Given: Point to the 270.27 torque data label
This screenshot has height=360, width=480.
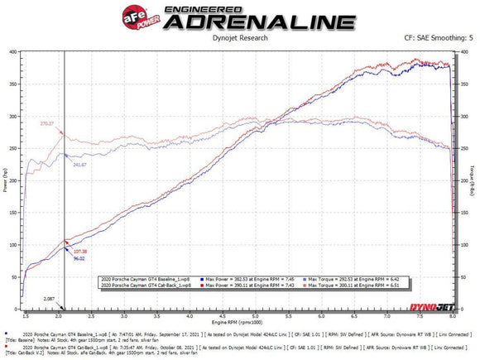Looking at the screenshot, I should point(46,123).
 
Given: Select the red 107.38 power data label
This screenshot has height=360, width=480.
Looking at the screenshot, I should point(79,251).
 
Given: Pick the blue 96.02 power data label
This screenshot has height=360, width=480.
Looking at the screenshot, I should point(79,259).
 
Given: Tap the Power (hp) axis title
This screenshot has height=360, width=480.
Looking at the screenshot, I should point(5,179).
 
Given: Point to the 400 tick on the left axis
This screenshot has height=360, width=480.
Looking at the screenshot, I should point(12,51).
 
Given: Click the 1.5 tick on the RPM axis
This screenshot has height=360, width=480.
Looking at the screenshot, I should point(26,314).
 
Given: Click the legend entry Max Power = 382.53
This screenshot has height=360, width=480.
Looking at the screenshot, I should point(237,279).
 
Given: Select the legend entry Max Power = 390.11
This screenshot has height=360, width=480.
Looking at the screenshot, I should point(237,285).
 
